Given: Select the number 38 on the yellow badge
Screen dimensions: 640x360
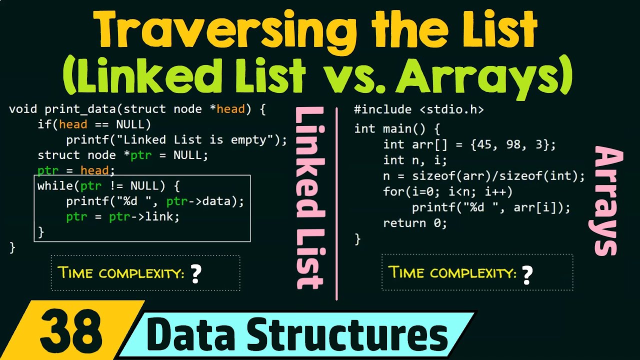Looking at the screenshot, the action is pos(71,331).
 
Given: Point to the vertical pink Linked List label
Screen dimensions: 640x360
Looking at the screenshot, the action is pos(309,197).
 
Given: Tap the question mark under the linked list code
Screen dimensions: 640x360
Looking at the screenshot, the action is pos(196,273).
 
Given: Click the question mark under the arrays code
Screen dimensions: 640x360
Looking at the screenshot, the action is pos(527,275).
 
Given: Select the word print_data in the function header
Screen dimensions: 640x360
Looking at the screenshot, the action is pos(80,109).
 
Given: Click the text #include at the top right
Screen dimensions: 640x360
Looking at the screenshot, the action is pos(383,109).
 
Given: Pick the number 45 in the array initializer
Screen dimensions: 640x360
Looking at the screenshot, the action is pos(484,144).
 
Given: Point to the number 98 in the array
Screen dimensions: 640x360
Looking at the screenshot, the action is pos(513,144).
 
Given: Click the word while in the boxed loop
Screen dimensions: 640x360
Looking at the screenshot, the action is pos(55,185).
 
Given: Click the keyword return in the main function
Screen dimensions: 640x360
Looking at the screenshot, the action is pos(404,223).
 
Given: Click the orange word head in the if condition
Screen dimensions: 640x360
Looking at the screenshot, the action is pos(73,124).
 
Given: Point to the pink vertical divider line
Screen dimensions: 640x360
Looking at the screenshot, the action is pos(336,203).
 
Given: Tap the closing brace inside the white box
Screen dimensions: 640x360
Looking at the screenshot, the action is pos(41,232).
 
